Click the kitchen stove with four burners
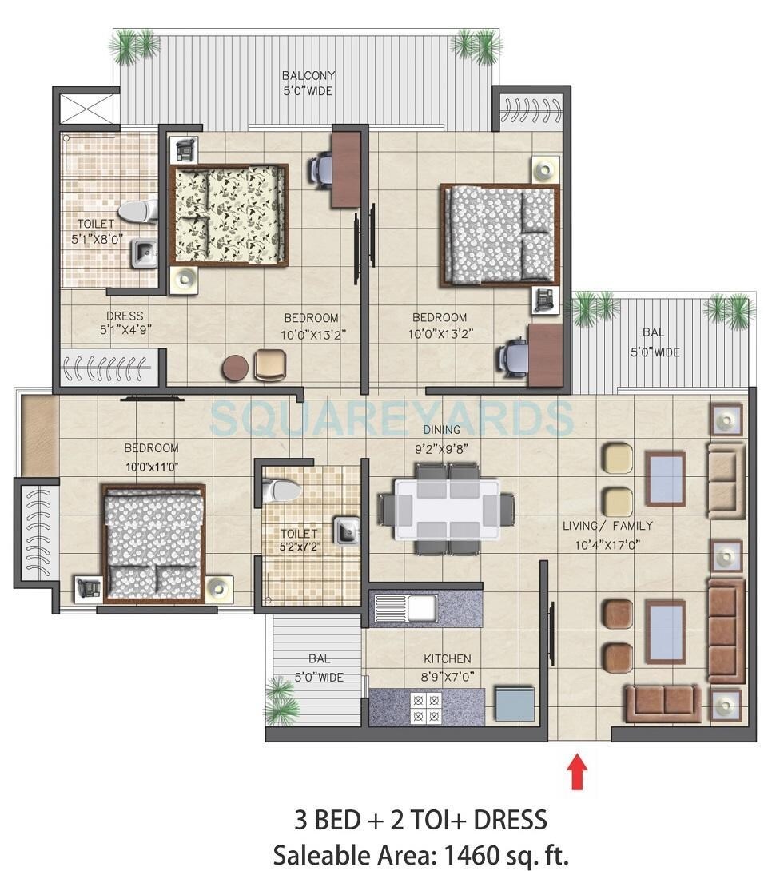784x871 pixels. point(424,707)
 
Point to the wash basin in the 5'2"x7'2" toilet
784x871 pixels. point(345,531)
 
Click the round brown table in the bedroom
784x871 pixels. point(235,368)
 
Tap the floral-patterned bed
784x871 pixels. point(229,215)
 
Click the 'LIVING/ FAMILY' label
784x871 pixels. point(607,526)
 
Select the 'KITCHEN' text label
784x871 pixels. point(448,659)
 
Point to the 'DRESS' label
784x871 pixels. point(124,316)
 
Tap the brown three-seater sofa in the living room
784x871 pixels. point(726,631)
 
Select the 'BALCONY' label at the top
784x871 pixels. point(308,76)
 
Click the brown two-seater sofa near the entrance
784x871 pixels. point(662,703)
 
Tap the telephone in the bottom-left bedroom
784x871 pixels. point(86,587)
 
